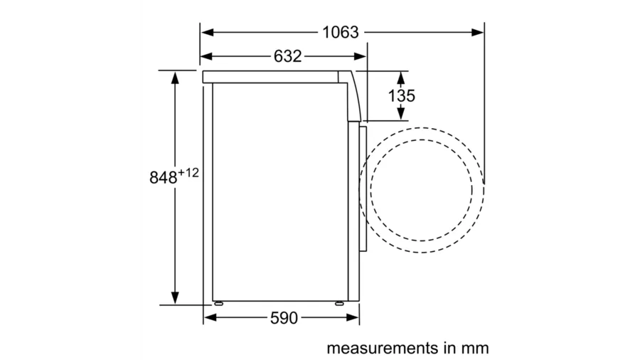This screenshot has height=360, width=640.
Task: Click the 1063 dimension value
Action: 341,32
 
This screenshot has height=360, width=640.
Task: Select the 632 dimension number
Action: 287,56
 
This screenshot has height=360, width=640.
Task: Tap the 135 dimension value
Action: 401,96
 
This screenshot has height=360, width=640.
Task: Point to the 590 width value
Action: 284,318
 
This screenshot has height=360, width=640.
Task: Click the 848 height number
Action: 164,178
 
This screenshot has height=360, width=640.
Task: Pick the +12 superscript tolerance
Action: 188,173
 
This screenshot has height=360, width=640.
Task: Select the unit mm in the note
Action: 475,349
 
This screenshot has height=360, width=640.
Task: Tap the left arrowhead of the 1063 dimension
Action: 208,32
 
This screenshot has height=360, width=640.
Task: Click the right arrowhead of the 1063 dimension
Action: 478,32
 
